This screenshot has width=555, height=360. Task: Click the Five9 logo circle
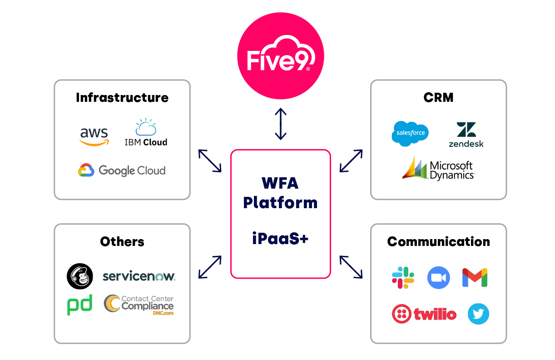(x=281, y=56)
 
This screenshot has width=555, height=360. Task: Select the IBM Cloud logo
(x=146, y=133)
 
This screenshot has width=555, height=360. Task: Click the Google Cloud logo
(x=122, y=170)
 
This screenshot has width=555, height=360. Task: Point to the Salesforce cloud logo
(x=410, y=133)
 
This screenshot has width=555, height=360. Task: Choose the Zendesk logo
(x=466, y=135)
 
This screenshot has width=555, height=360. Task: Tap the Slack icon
(x=403, y=278)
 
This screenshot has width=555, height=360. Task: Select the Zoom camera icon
(x=438, y=278)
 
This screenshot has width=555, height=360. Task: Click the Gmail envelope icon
(x=475, y=278)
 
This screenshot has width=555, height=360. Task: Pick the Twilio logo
(x=424, y=314)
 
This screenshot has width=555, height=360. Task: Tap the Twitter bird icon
(x=478, y=314)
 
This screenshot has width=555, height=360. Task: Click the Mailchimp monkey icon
(x=80, y=276)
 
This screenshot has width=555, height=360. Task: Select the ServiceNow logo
(x=139, y=276)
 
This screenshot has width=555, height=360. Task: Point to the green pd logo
(x=80, y=305)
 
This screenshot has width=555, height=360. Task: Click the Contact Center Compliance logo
(x=139, y=305)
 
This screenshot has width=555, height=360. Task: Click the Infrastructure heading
(x=122, y=98)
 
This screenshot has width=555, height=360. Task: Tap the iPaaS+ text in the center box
(x=280, y=239)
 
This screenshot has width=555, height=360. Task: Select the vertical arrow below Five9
(x=281, y=124)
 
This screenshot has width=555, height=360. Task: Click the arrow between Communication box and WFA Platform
(x=351, y=267)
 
